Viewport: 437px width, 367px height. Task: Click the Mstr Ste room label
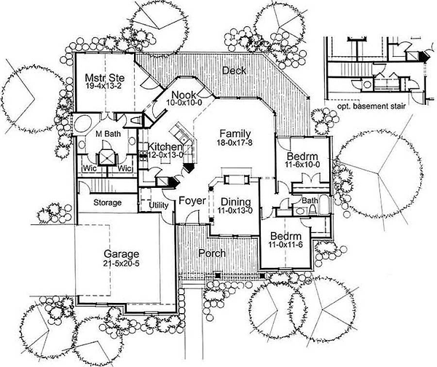(104, 77)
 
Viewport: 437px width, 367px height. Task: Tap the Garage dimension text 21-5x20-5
(121, 264)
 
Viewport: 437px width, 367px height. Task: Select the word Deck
(234, 71)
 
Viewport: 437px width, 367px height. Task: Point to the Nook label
(184, 95)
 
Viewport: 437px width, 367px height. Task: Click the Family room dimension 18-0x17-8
(235, 143)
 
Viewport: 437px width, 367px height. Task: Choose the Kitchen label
(165, 146)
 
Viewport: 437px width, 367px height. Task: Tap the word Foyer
(192, 201)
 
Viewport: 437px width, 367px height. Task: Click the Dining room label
(236, 202)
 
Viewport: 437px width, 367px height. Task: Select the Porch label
(212, 253)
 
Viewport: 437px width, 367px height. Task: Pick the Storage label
(107, 202)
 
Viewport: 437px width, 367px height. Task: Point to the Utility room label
(159, 205)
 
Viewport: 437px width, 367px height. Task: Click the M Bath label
(108, 134)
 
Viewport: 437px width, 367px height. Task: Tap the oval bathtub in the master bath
(83, 125)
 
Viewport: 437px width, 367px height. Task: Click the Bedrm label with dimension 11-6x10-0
(302, 156)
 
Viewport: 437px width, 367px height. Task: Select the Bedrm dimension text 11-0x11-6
(286, 245)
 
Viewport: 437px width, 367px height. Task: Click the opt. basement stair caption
(371, 106)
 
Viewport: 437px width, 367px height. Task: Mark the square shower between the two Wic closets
(107, 157)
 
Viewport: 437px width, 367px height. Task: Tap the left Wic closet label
(90, 169)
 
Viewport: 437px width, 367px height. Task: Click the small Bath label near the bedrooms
(310, 200)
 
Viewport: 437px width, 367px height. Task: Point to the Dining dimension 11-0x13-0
(236, 211)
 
